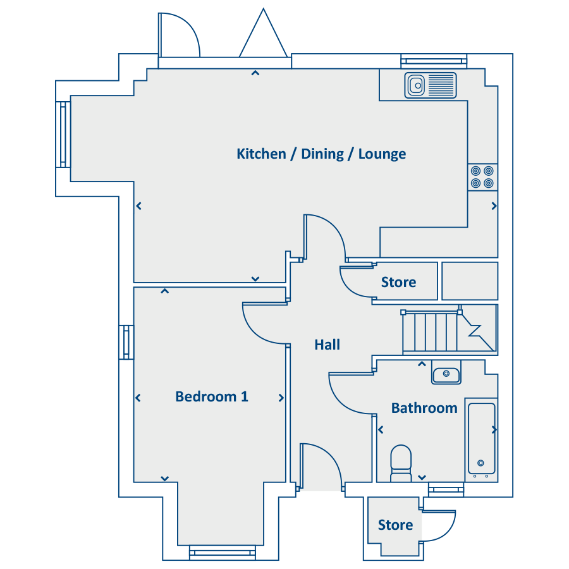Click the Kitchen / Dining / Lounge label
(321, 154)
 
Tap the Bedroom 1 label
(212, 396)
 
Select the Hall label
(327, 345)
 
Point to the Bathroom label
(424, 408)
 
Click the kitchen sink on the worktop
(431, 85)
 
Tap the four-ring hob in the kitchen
(482, 177)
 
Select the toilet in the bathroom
(401, 463)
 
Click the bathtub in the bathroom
(481, 440)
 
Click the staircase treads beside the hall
(431, 331)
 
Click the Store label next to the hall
(398, 283)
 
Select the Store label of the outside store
(395, 525)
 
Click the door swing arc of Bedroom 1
(256, 332)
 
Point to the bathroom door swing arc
(341, 402)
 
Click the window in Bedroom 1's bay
(223, 553)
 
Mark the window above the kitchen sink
(434, 61)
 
